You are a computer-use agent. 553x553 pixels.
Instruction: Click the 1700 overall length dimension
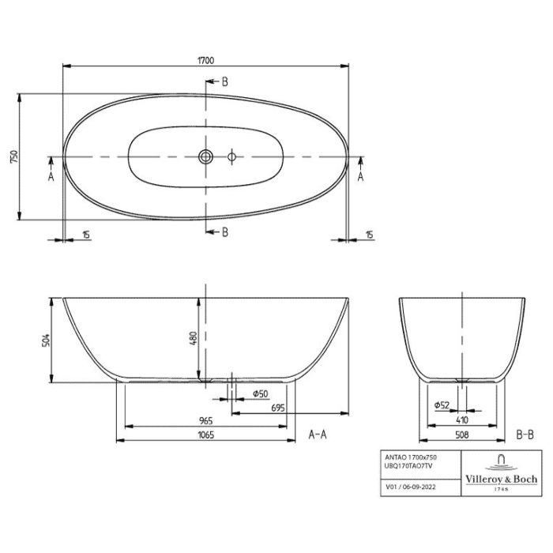(x=207, y=60)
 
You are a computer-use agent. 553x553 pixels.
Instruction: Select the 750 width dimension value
(x=13, y=157)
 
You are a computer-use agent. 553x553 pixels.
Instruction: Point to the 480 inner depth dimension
(x=191, y=338)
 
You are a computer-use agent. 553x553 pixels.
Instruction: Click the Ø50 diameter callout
(x=259, y=393)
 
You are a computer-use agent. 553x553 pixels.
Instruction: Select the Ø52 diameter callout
(x=442, y=405)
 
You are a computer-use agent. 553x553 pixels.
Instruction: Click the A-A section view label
(x=318, y=434)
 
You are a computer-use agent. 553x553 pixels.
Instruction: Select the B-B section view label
(x=525, y=434)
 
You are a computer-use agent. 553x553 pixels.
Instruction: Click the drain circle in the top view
(x=205, y=156)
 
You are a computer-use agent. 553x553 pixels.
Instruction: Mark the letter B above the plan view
(x=224, y=81)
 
